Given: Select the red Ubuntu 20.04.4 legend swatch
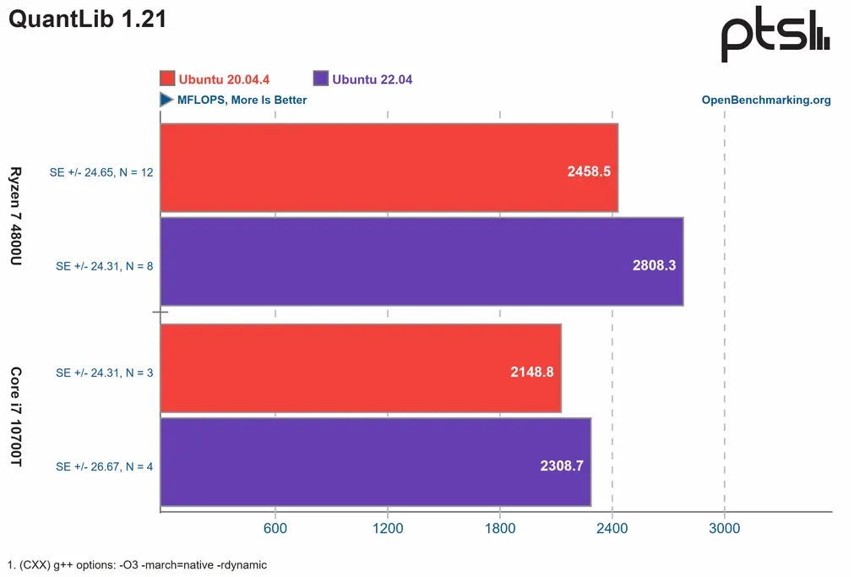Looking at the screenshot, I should (x=167, y=79).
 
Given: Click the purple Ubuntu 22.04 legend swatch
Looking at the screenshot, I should (x=321, y=79).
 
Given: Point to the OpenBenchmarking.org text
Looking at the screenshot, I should (x=766, y=100).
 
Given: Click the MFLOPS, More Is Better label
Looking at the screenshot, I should (x=242, y=100).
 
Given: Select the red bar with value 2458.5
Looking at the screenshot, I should (x=389, y=168).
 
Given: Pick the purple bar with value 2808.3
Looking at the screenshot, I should (x=421, y=261).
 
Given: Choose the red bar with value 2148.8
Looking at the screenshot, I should (x=360, y=368).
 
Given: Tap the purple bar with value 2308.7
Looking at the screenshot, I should (x=375, y=462).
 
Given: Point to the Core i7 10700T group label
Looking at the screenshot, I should (x=16, y=417).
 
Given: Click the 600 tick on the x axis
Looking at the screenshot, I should (x=275, y=529).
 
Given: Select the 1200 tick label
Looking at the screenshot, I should (x=387, y=529).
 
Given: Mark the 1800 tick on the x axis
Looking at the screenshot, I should (x=499, y=529).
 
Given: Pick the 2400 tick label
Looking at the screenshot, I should (x=612, y=529).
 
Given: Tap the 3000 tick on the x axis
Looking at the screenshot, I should (x=724, y=529).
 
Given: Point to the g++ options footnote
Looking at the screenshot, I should (x=137, y=564).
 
